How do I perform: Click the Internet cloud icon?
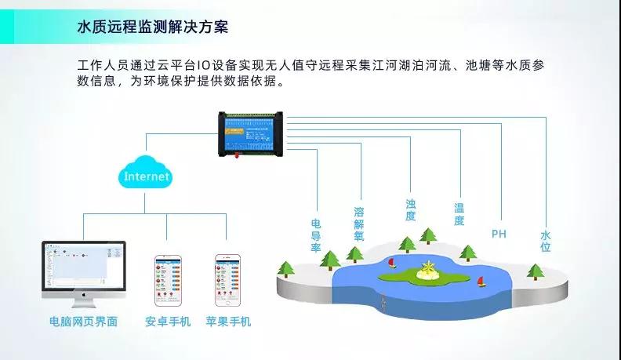point(146,176)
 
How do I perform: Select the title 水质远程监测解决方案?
point(153,27)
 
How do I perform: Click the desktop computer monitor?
point(84,271)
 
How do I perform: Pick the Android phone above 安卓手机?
point(167,281)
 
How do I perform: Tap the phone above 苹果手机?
point(227,281)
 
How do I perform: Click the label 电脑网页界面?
point(83,322)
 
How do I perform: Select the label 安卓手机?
point(167,322)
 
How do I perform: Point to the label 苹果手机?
point(228,322)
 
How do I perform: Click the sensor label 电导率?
point(317,235)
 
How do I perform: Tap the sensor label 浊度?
point(411,209)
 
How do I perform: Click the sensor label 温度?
point(459,214)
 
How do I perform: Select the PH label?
point(499,234)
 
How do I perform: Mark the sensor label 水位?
point(546,241)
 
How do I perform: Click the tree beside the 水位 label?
point(536,271)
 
